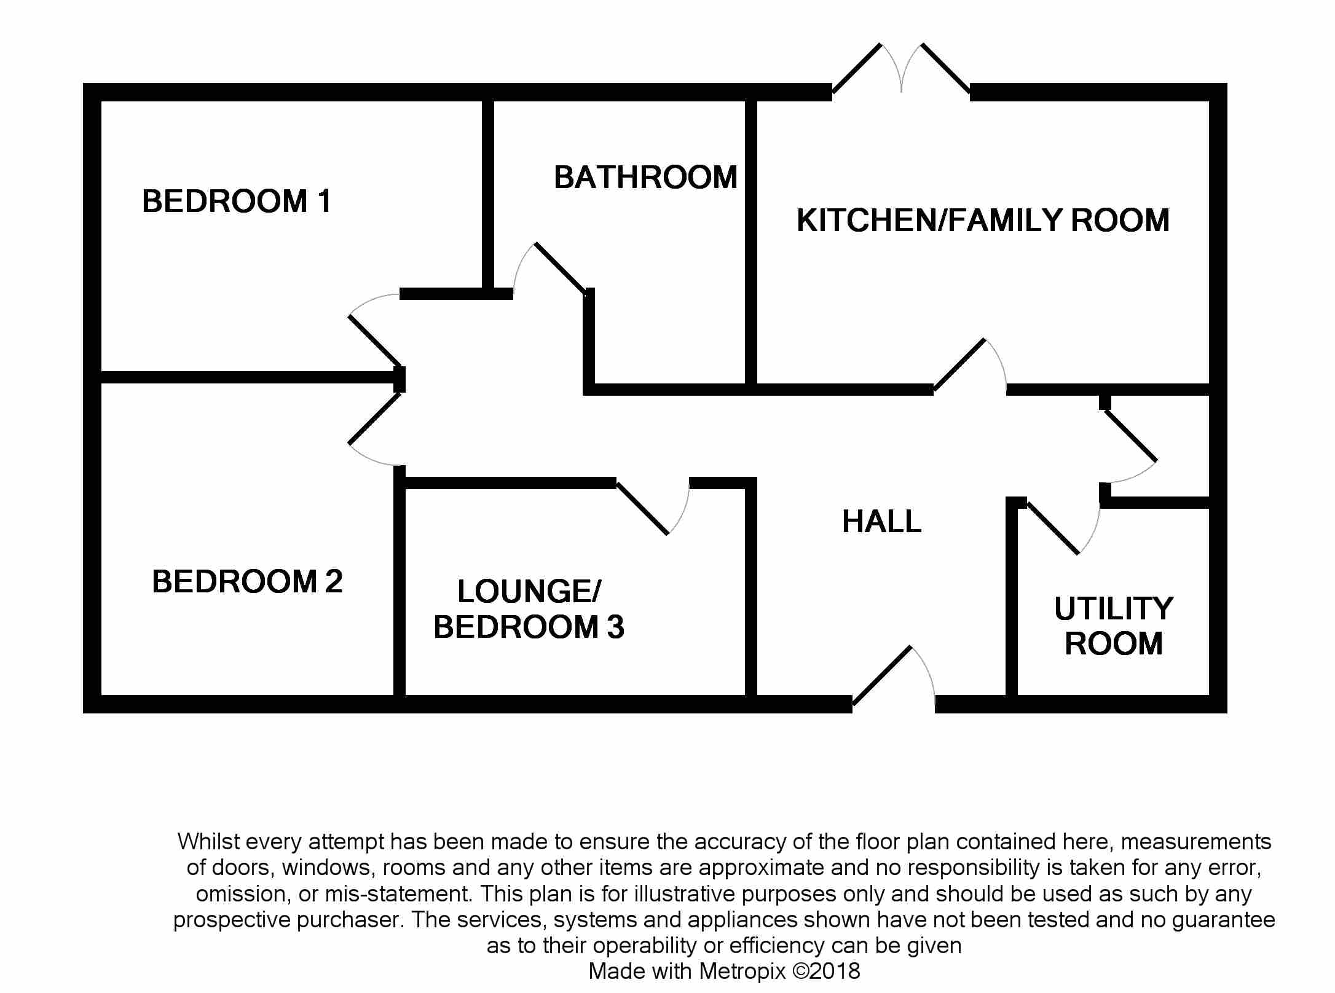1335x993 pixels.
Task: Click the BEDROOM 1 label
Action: pos(237,202)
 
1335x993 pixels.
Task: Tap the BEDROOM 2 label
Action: pos(247,581)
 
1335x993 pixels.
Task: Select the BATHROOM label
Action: pos(645,178)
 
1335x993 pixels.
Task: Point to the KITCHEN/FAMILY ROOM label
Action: pos(983,221)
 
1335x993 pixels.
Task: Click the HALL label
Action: pos(881,522)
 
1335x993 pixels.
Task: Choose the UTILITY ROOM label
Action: pos(1114,626)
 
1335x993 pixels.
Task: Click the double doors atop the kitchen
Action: pos(901,68)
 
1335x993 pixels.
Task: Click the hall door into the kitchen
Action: pos(970,365)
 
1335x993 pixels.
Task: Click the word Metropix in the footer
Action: pos(742,971)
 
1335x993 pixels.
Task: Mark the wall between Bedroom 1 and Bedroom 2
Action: pos(253,377)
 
